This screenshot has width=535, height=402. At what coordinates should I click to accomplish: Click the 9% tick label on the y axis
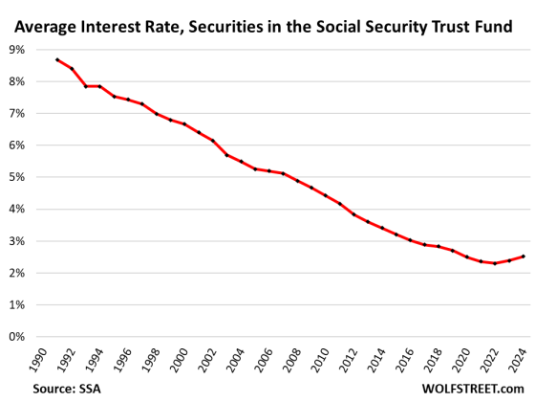pyautogui.click(x=16, y=49)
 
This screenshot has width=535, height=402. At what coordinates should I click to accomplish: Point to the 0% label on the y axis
pyautogui.click(x=16, y=337)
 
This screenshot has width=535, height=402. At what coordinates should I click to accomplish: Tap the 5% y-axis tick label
pyautogui.click(x=16, y=177)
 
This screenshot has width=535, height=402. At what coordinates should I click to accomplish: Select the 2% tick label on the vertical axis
pyautogui.click(x=16, y=273)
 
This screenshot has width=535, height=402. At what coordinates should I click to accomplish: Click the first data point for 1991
pyautogui.click(x=57, y=59)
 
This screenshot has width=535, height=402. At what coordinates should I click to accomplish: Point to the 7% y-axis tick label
pyautogui.click(x=16, y=113)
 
